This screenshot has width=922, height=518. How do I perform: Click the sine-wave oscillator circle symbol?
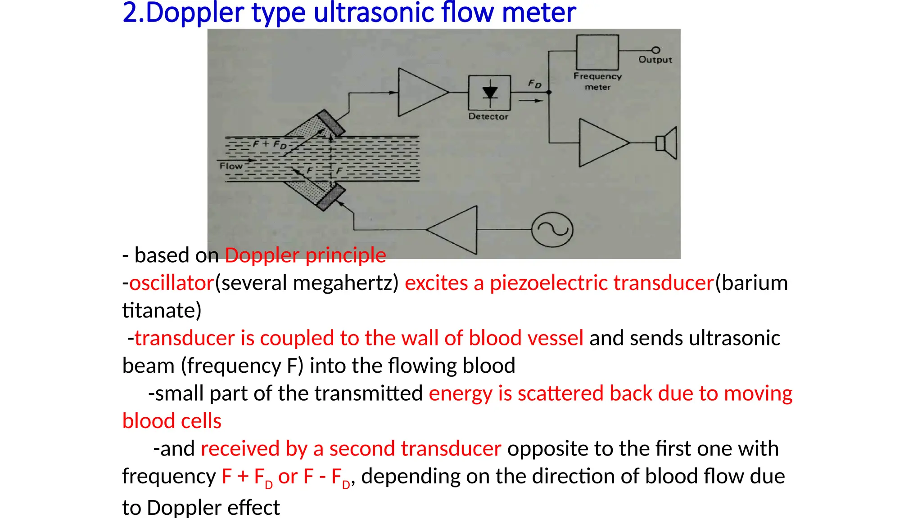(x=552, y=229)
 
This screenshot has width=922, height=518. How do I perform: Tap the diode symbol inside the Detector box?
(x=490, y=92)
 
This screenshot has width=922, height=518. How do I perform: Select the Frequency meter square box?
(x=597, y=52)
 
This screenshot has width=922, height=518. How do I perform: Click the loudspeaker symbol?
(x=667, y=143)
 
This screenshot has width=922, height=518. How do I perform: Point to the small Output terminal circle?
(x=656, y=50)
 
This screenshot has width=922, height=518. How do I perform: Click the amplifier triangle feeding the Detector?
(x=420, y=92)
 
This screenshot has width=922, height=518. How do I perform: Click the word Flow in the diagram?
(x=231, y=166)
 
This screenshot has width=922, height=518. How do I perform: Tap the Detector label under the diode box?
(x=488, y=116)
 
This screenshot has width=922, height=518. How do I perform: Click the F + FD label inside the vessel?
(x=269, y=144)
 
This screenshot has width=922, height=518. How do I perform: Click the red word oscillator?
(x=172, y=283)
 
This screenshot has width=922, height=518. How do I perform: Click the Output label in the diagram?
(x=655, y=60)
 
